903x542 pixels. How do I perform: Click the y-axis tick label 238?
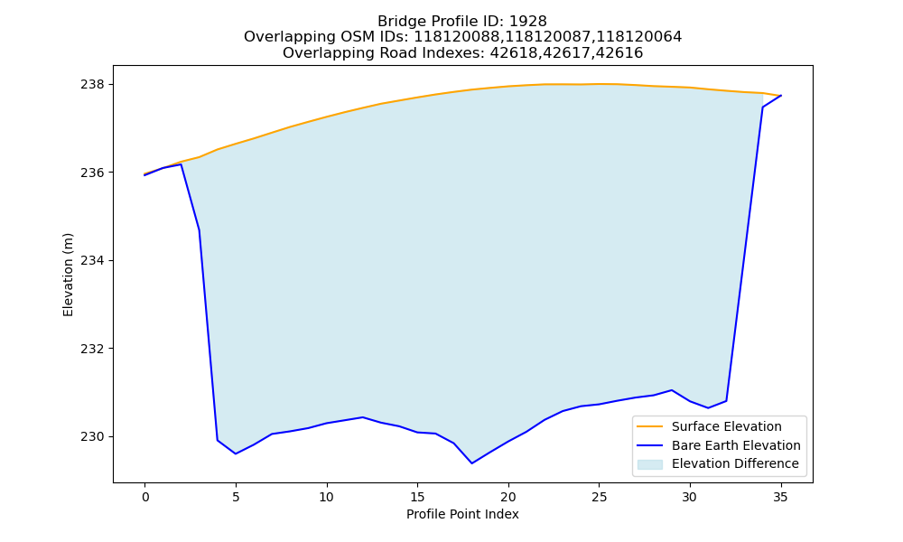click(x=93, y=85)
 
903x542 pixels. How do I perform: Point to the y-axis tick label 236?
click(x=93, y=173)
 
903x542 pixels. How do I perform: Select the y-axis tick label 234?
click(x=93, y=261)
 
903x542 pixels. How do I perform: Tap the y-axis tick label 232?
click(x=93, y=349)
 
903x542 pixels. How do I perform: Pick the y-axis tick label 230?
click(x=93, y=437)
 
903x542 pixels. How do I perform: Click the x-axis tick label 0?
click(x=145, y=497)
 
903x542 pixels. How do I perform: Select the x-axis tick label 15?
click(x=417, y=497)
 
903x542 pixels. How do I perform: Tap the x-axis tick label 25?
click(x=599, y=497)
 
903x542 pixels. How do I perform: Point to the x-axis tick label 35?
click(x=780, y=497)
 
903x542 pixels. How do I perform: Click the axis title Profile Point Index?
click(x=462, y=514)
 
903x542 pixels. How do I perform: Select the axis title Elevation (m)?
click(x=68, y=275)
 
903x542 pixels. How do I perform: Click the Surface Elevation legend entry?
click(x=709, y=426)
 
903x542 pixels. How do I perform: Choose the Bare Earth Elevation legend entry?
click(x=719, y=445)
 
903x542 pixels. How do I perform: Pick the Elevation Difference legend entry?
click(x=718, y=463)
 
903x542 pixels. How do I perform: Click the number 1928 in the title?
click(x=528, y=22)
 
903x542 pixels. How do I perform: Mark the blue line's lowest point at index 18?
click(x=471, y=463)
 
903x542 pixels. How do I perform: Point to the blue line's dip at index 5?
click(x=236, y=453)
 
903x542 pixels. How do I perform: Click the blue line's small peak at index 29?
click(x=672, y=390)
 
